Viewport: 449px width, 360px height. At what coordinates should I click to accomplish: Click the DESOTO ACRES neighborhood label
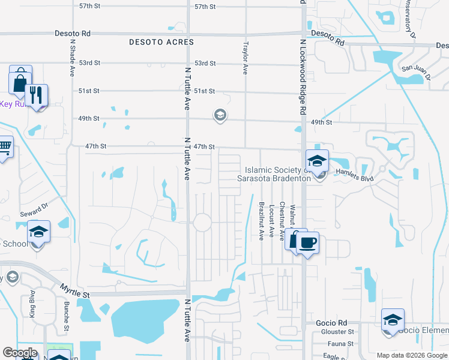(161, 43)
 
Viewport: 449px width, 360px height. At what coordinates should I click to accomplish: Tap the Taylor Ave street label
(245, 58)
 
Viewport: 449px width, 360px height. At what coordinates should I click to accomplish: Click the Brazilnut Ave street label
(262, 221)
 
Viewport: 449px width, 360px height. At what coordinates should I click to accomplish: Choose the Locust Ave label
(273, 221)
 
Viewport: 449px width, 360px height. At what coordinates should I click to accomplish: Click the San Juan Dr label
(416, 71)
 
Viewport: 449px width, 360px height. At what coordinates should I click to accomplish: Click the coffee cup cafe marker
(307, 243)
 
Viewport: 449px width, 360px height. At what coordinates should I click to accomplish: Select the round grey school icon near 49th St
(220, 115)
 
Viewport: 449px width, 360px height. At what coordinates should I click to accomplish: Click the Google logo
(20, 353)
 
